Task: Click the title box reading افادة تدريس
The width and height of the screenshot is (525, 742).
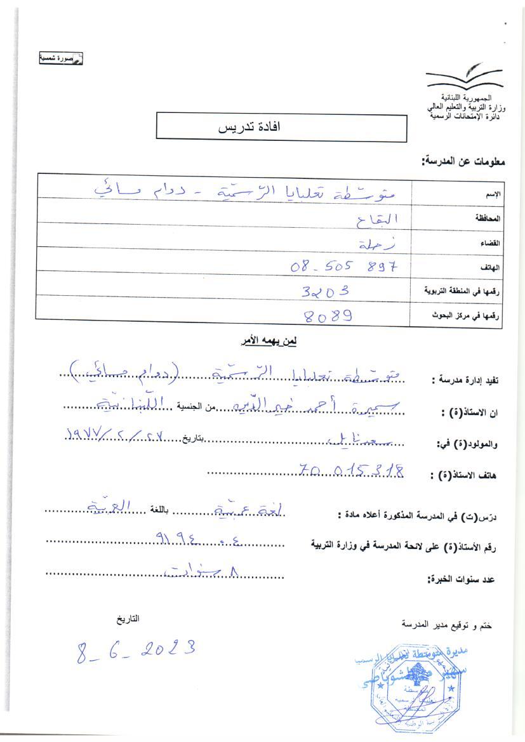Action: point(281,127)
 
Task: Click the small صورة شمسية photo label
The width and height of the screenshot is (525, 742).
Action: point(62,58)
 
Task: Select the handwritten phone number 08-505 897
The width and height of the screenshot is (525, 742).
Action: point(347,267)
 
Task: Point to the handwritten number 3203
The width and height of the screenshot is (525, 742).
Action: point(326,291)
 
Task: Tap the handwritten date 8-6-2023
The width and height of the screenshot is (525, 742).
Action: point(135,650)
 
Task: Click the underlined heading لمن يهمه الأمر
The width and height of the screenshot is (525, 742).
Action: point(269,341)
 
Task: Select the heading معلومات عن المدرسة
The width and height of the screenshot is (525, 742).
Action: point(463,161)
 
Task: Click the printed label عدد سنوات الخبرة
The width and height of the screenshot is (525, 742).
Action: point(462,579)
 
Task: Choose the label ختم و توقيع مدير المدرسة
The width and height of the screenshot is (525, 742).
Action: point(446,624)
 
